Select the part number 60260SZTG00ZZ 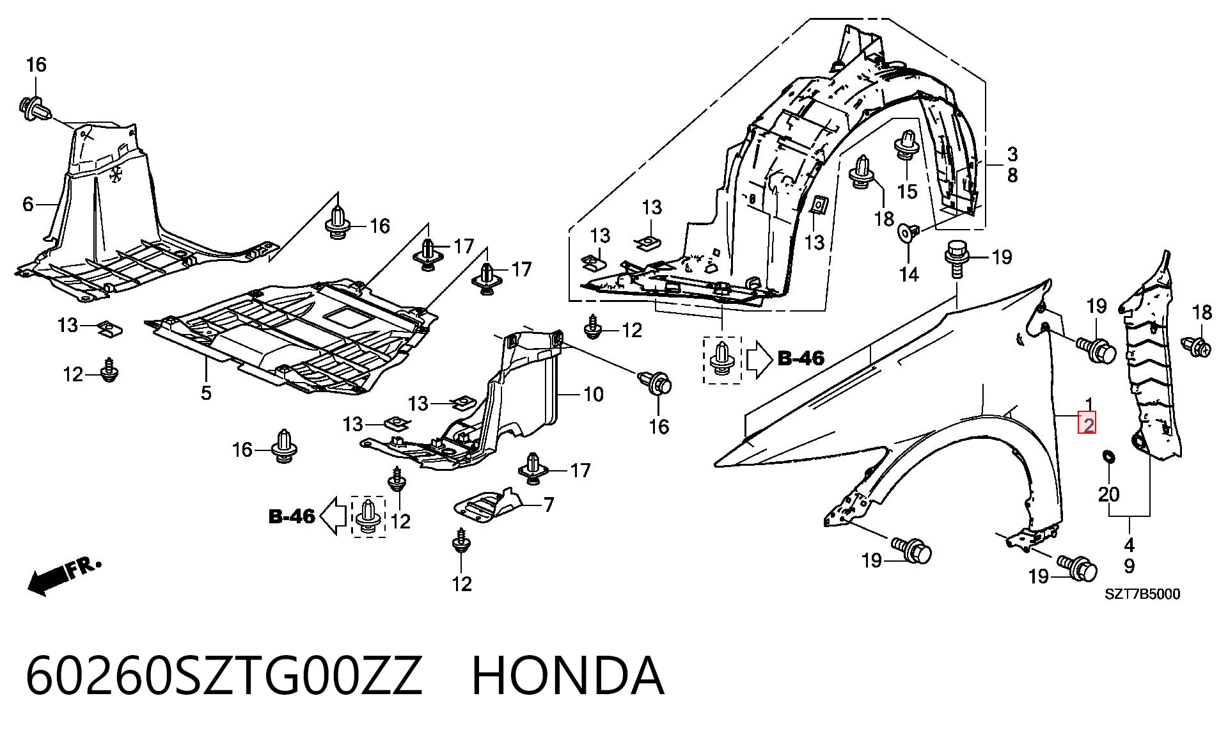click(x=224, y=676)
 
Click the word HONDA click(x=568, y=676)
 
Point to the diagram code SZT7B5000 click(x=1142, y=594)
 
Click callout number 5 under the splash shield click(x=206, y=392)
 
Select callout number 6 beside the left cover click(x=28, y=204)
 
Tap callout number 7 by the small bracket click(x=548, y=505)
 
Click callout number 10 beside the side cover click(x=594, y=394)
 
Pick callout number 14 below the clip click(x=909, y=274)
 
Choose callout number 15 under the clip click(x=907, y=191)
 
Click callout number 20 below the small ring click(x=1109, y=494)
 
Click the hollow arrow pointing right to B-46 click(x=760, y=359)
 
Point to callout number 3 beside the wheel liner click(x=1012, y=154)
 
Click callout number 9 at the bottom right click(x=1129, y=566)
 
